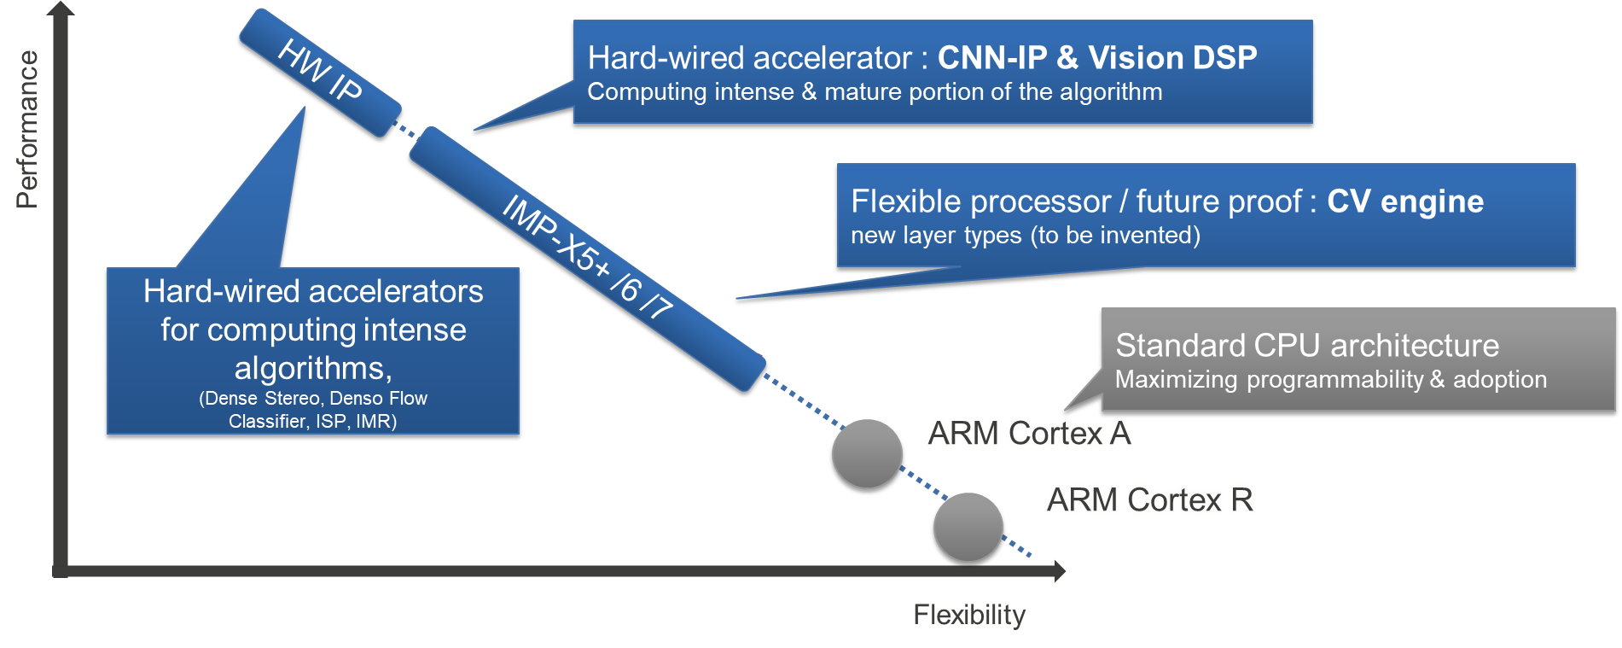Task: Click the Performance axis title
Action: pyautogui.click(x=27, y=129)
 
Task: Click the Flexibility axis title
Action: pyautogui.click(x=969, y=615)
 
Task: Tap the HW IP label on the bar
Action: pyautogui.click(x=320, y=72)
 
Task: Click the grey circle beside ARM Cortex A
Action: pyautogui.click(x=867, y=454)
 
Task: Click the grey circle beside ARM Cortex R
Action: pyautogui.click(x=968, y=528)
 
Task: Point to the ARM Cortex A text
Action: pyautogui.click(x=1029, y=434)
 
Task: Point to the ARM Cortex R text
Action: pyautogui.click(x=1149, y=500)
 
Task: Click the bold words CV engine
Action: pyautogui.click(x=1405, y=201)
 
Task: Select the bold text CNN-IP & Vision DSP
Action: pyautogui.click(x=1097, y=58)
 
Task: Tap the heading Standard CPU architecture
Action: pyautogui.click(x=1306, y=346)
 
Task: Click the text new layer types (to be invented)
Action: pyautogui.click(x=1025, y=236)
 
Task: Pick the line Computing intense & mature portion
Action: pyautogui.click(x=874, y=92)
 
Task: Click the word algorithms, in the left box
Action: pyautogui.click(x=313, y=368)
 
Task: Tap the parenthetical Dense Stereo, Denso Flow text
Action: pyautogui.click(x=313, y=399)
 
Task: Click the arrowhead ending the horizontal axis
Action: pyautogui.click(x=1060, y=571)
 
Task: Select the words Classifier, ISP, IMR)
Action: pyautogui.click(x=312, y=422)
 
